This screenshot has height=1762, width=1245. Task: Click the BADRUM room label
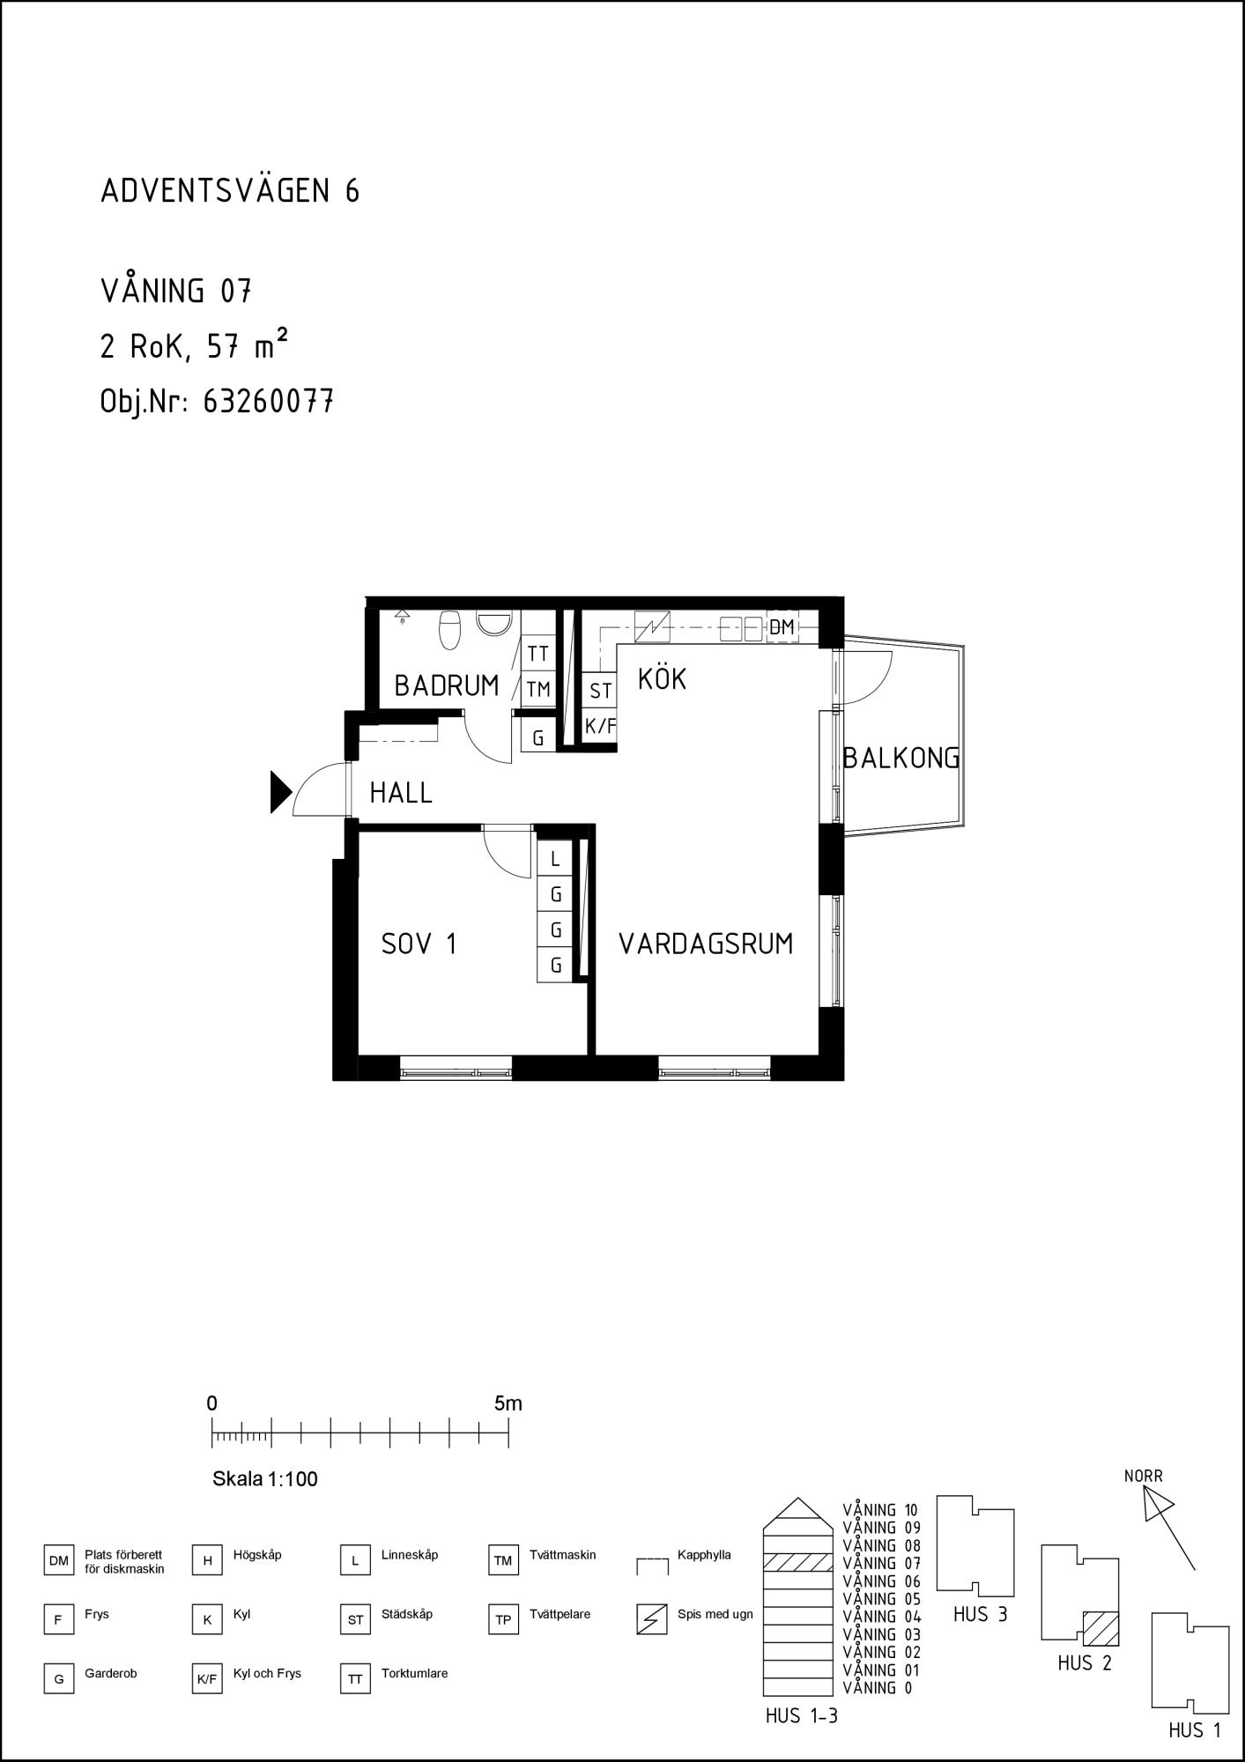[447, 685]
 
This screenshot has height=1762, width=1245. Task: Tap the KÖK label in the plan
[662, 678]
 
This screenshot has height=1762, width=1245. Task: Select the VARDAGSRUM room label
[706, 944]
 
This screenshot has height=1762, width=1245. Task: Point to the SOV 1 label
[419, 944]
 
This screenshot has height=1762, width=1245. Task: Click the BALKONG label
[900, 758]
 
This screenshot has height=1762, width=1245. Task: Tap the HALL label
[401, 793]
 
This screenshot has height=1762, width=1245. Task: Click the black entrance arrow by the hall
[280, 791]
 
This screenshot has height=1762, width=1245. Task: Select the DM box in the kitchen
[782, 627]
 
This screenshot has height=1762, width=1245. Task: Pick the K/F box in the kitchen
[600, 727]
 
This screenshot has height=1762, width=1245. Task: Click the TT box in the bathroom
[538, 654]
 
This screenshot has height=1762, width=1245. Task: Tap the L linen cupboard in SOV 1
[555, 859]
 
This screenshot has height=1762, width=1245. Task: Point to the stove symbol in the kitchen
[652, 627]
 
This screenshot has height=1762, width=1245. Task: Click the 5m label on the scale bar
[508, 1403]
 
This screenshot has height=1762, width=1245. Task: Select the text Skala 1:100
[265, 1478]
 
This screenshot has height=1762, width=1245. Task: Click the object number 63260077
[268, 402]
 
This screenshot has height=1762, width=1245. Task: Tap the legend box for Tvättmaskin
[503, 1561]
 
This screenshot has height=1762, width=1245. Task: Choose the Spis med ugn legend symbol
[651, 1620]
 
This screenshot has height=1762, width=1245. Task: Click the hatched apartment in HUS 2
[1100, 1628]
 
